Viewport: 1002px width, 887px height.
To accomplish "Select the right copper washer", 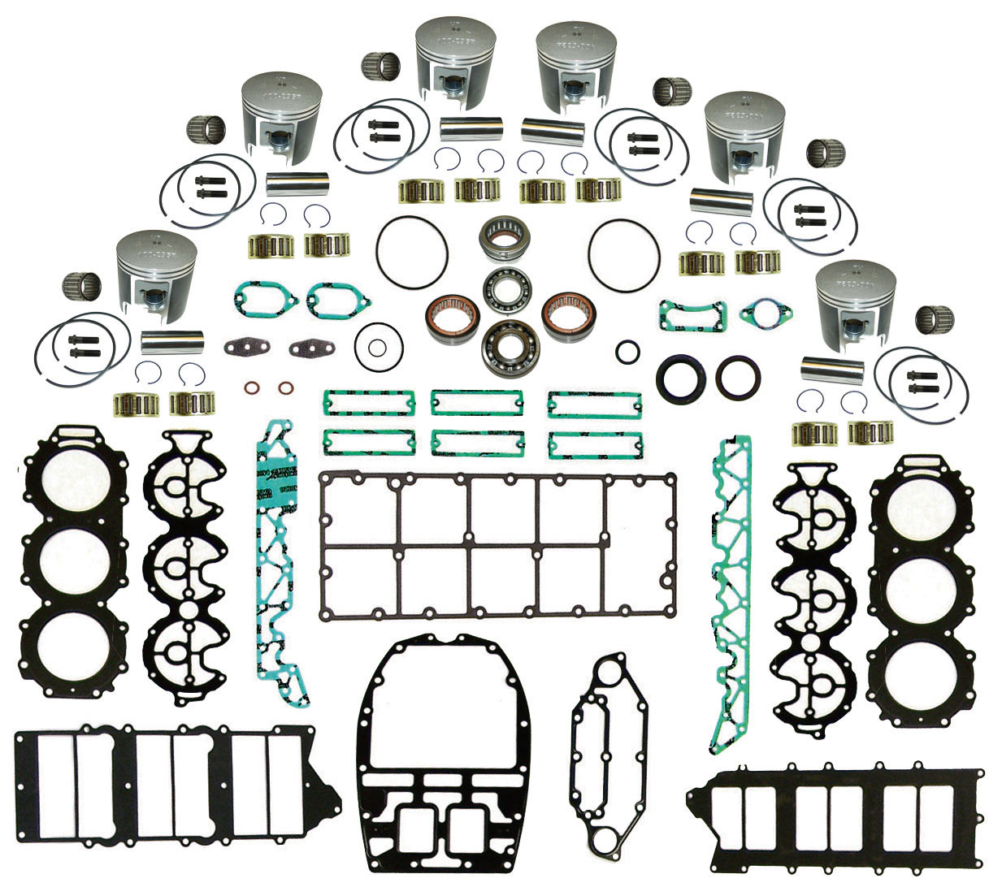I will (285, 387).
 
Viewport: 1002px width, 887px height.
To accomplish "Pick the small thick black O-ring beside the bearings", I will (627, 352).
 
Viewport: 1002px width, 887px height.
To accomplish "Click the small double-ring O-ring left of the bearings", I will (375, 348).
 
